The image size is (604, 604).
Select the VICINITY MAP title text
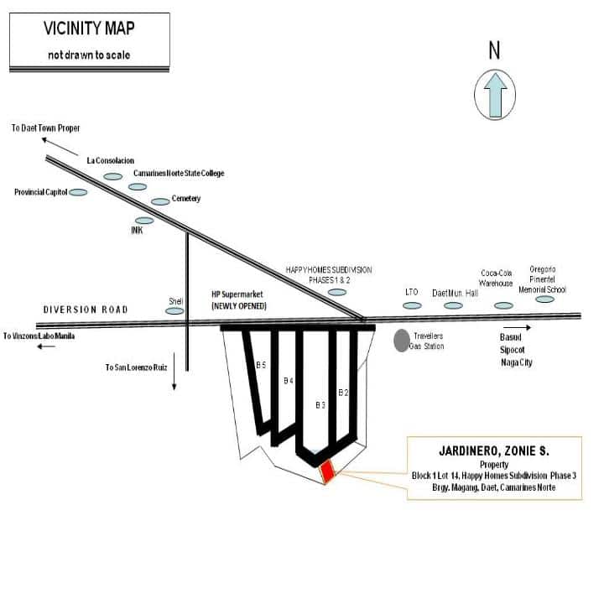90,29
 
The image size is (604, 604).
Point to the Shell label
176,301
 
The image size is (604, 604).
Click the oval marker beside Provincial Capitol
78,192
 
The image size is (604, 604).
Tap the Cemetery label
186,199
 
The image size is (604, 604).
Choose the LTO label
411,292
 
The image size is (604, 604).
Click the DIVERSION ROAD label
86,310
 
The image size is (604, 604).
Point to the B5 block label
261,365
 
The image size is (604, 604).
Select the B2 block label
342,392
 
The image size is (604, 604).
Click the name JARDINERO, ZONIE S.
494,451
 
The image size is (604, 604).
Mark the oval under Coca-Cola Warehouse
503,305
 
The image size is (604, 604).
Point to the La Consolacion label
111,160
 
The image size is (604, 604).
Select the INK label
137,231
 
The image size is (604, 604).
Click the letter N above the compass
494,51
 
